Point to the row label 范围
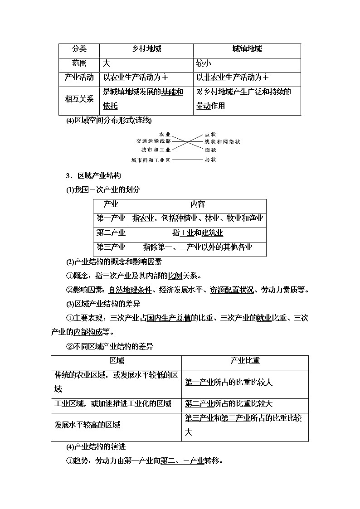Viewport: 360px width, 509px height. pyautogui.click(x=79, y=63)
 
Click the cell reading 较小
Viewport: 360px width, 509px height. pyautogui.click(x=203, y=63)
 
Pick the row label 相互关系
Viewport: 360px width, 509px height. pyautogui.click(x=79, y=98)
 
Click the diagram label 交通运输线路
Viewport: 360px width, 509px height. pyautogui.click(x=153, y=141)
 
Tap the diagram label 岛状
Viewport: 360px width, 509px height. pyautogui.click(x=210, y=160)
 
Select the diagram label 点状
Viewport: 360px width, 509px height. pyautogui.click(x=210, y=135)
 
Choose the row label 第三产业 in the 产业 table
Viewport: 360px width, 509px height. pyautogui.click(x=111, y=247)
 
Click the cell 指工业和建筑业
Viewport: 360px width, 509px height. pyautogui.click(x=198, y=233)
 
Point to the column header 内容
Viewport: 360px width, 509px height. pyautogui.click(x=198, y=204)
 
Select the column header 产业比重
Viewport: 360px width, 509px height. pyautogui.click(x=245, y=361)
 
